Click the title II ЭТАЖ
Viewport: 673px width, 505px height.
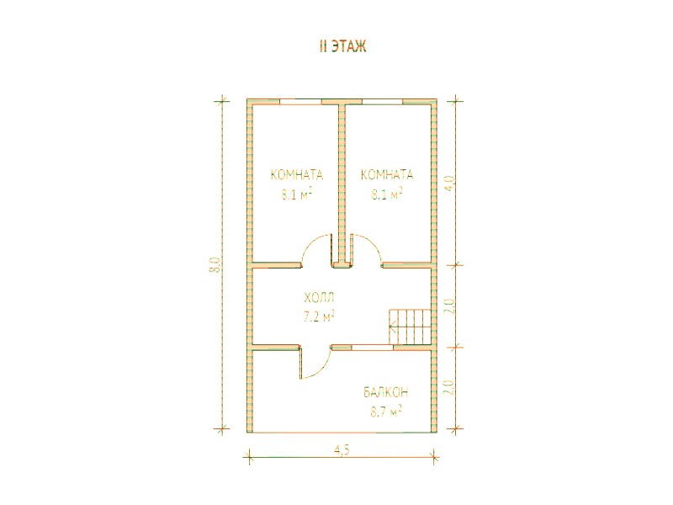pos(343,46)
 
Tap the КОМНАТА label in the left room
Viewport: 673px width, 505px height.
pos(297,175)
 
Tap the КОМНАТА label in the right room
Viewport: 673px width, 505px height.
pos(387,175)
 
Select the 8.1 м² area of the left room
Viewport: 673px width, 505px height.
pos(296,194)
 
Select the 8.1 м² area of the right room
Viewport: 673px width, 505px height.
pos(386,194)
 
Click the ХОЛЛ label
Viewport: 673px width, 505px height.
pos(319,297)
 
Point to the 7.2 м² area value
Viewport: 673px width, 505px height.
pos(319,317)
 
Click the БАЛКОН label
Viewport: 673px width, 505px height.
pos(386,392)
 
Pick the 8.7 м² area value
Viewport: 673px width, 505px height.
pos(386,412)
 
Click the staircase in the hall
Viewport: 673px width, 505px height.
pos(410,327)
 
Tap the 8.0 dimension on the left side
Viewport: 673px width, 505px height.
pos(216,265)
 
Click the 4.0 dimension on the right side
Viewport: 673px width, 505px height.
pos(449,184)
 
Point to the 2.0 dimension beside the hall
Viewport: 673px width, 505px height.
pos(449,306)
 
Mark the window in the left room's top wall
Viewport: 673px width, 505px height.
pos(300,102)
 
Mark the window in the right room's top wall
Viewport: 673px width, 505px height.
pos(382,102)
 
